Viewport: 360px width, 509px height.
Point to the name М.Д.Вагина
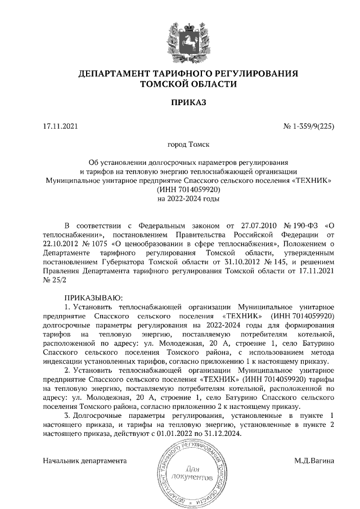click(314, 461)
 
